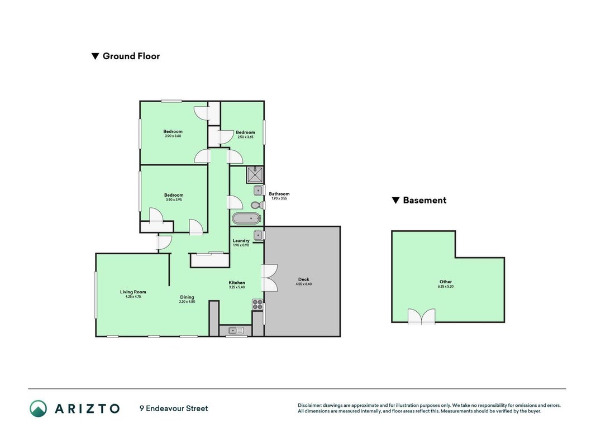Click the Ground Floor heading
pos(131,56)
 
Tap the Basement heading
pos(425,201)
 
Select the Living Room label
pos(133,292)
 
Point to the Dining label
pos(187,297)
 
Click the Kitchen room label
pos(237,283)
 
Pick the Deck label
pos(304,279)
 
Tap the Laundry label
pos(241,241)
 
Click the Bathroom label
pos(279,194)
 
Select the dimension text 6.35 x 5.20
pos(446,286)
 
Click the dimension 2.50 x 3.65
pos(245,137)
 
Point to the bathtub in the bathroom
pos(247,218)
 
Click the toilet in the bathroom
pos(258,205)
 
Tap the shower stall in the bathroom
pos(255,175)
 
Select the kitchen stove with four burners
pos(258,305)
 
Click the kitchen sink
pos(236,331)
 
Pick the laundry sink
pos(259,236)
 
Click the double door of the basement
pos(422,317)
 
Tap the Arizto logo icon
pos(39,408)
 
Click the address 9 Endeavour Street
pos(174,408)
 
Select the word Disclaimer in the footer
pos(309,406)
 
